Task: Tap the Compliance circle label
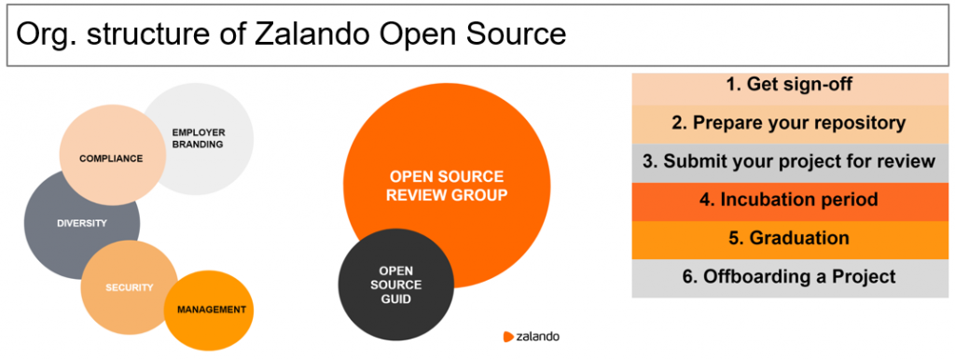coord(111,159)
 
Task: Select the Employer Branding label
coord(198,138)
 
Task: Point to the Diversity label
coord(82,223)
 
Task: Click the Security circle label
coord(129,287)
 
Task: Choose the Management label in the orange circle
coord(212,310)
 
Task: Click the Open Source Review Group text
coord(447,186)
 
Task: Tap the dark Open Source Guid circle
coord(395,285)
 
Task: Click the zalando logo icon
coord(508,337)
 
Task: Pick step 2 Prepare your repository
coord(790,124)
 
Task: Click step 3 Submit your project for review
coord(790,162)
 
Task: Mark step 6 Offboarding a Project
coord(790,278)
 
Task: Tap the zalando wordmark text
coord(538,337)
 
